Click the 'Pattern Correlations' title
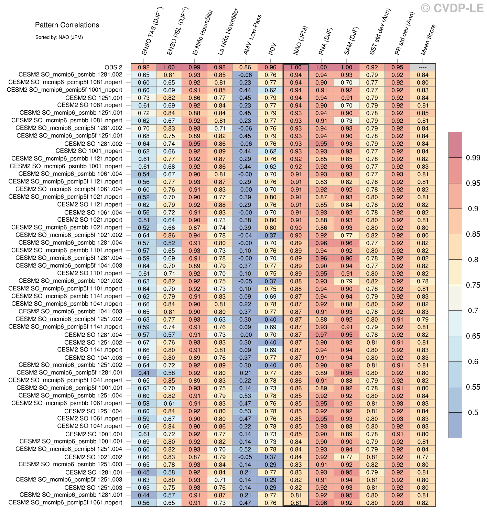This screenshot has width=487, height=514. pyautogui.click(x=67, y=25)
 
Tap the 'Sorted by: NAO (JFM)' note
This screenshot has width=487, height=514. pyautogui.click(x=59, y=37)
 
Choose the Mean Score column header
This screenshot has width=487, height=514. pyautogui.click(x=428, y=40)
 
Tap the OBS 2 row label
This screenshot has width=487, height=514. pyautogui.click(x=113, y=67)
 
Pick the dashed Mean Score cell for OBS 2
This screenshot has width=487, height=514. pyautogui.click(x=423, y=67)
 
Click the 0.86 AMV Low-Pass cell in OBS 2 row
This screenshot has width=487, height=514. pyautogui.click(x=245, y=67)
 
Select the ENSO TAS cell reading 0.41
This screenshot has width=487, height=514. pyautogui.click(x=144, y=373)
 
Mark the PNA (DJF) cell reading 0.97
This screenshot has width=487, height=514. pyautogui.click(x=321, y=335)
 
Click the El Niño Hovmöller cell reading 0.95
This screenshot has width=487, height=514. pyautogui.click(x=194, y=144)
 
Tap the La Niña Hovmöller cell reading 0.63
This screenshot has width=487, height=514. pyautogui.click(x=220, y=320)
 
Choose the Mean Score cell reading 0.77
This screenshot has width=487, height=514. pyautogui.click(x=423, y=457)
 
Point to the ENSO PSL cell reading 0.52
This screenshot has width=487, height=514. pyautogui.click(x=169, y=243)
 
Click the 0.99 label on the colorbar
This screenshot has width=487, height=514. pyautogui.click(x=473, y=158)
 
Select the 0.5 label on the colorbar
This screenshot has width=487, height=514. pyautogui.click(x=473, y=412)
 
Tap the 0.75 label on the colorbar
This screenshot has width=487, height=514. pyautogui.click(x=473, y=285)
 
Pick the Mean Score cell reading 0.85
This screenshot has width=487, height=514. pyautogui.click(x=423, y=113)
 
